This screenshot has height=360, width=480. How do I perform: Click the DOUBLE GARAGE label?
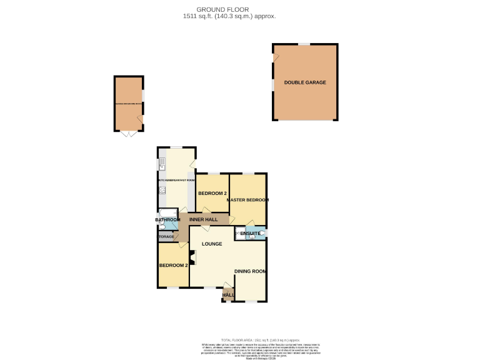click(x=305, y=82)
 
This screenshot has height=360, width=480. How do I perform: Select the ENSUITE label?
click(x=250, y=234)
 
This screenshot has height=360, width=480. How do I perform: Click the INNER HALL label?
click(x=204, y=220)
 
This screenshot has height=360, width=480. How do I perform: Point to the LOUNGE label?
click(x=212, y=244)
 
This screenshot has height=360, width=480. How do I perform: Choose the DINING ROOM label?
click(x=250, y=271)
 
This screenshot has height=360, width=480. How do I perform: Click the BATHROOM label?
click(x=167, y=220)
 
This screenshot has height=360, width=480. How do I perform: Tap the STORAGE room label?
click(x=166, y=237)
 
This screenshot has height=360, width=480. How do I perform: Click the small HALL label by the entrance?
click(x=228, y=295)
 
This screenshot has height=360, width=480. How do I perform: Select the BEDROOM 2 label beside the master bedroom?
click(x=212, y=193)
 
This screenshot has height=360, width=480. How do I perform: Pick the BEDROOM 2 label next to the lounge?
click(x=172, y=266)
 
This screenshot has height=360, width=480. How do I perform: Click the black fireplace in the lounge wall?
click(x=192, y=256)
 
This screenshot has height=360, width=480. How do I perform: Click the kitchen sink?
click(x=161, y=165)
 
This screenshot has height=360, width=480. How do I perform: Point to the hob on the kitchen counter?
click(x=161, y=190)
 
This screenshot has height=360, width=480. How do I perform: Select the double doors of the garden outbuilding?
click(x=128, y=134)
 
